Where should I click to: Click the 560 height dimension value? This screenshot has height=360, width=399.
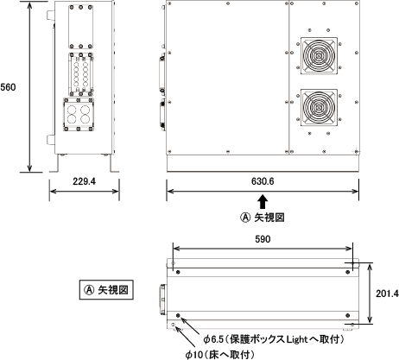click(8, 87)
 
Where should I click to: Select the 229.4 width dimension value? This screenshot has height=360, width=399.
click(84, 181)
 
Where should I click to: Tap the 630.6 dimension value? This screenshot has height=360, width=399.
click(263, 181)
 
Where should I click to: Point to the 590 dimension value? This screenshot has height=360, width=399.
click(263, 239)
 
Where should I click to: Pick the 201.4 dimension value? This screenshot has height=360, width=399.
click(387, 294)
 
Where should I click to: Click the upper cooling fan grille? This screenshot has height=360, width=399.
click(319, 55)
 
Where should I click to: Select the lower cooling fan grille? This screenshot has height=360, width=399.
click(319, 107)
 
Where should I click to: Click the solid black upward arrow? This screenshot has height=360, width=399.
click(263, 202)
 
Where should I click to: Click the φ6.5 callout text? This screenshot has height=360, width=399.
click(274, 339)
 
